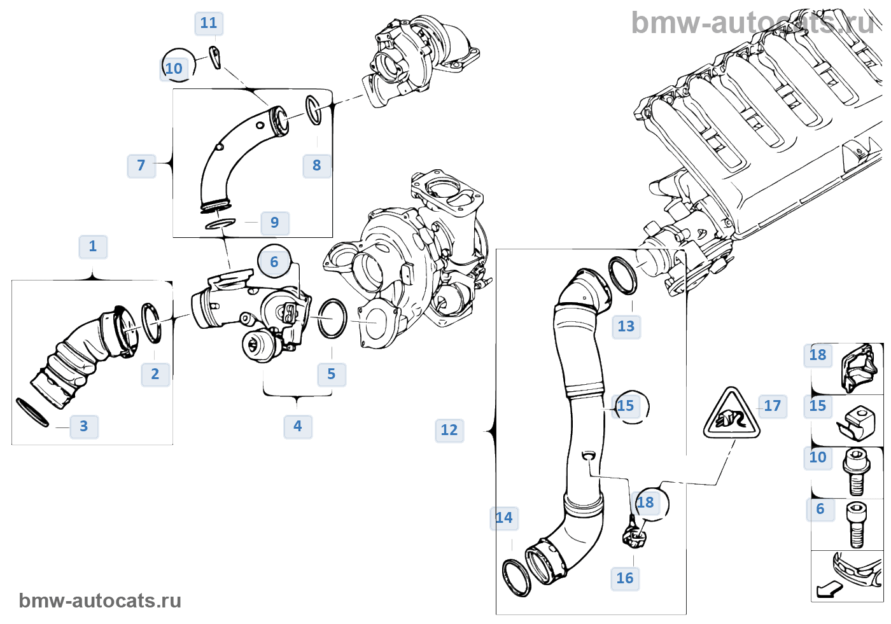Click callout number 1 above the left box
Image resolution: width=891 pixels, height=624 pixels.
tap(93, 247)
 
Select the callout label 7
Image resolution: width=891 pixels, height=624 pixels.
tap(141, 166)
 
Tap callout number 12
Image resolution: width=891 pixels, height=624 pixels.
tap(449, 431)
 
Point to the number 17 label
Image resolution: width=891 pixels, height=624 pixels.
tap(772, 406)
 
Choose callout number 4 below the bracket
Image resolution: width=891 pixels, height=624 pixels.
tap(298, 426)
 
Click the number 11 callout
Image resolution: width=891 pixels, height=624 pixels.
tap(209, 24)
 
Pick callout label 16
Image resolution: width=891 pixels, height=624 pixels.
tap(625, 578)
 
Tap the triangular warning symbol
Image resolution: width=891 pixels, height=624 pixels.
tap(732, 415)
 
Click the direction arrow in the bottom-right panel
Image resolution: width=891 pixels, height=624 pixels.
tap(829, 590)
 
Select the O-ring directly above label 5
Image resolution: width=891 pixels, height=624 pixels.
tap(332, 319)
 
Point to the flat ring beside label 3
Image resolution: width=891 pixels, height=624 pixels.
tap(31, 413)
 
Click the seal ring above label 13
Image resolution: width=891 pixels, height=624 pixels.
tap(622, 275)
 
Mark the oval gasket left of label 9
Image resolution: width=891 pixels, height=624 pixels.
tap(220, 224)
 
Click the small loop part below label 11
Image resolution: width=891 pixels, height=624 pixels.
tap(216, 57)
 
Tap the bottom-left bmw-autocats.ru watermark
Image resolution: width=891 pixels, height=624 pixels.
tap(100, 601)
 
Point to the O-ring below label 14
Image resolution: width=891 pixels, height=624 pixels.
tap(516, 578)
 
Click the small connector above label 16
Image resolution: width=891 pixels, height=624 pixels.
tap(633, 533)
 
